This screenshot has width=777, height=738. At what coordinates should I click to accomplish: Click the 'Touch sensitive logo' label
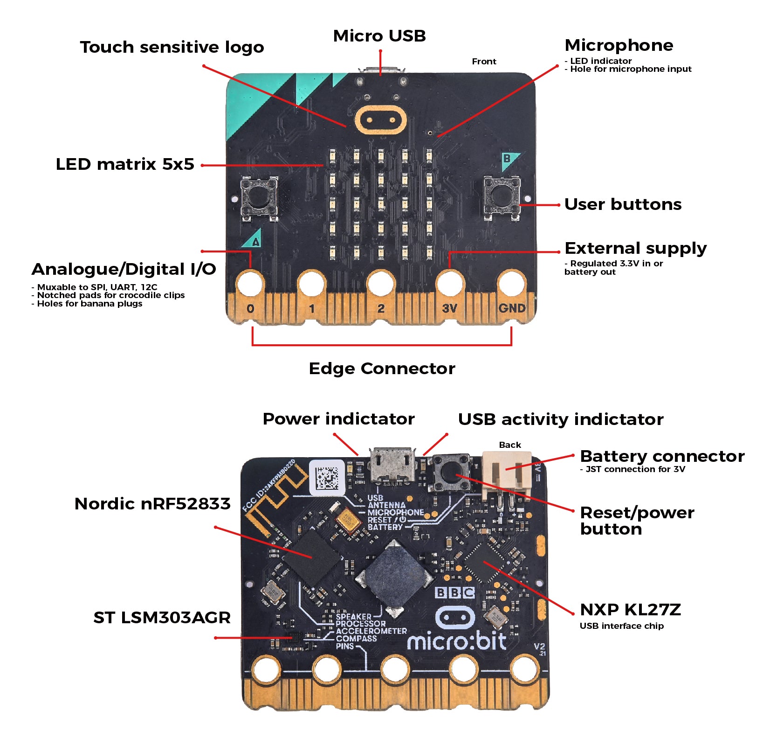point(172,47)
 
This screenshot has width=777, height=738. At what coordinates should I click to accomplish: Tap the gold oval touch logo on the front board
point(380,120)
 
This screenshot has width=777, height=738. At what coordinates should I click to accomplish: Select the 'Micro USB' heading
point(379,36)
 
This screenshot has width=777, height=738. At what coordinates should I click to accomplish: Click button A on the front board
point(259,198)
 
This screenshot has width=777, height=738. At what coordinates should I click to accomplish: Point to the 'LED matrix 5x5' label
point(124,164)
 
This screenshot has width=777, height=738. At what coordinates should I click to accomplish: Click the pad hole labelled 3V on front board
point(449,283)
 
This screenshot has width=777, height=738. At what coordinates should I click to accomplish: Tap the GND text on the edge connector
point(512,308)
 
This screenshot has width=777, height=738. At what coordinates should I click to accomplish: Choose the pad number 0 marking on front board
point(250,309)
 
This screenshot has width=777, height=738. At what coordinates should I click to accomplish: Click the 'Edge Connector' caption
point(382,369)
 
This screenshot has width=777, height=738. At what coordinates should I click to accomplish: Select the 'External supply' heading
point(635,248)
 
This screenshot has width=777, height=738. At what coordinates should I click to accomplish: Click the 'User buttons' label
point(623,204)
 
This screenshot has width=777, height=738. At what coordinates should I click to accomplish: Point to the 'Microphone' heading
point(619,45)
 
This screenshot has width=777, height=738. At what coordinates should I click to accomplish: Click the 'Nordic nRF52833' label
point(152,504)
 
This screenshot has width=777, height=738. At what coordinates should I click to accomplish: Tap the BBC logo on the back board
point(454,592)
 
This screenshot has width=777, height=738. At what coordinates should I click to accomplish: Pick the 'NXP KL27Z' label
point(630,610)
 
